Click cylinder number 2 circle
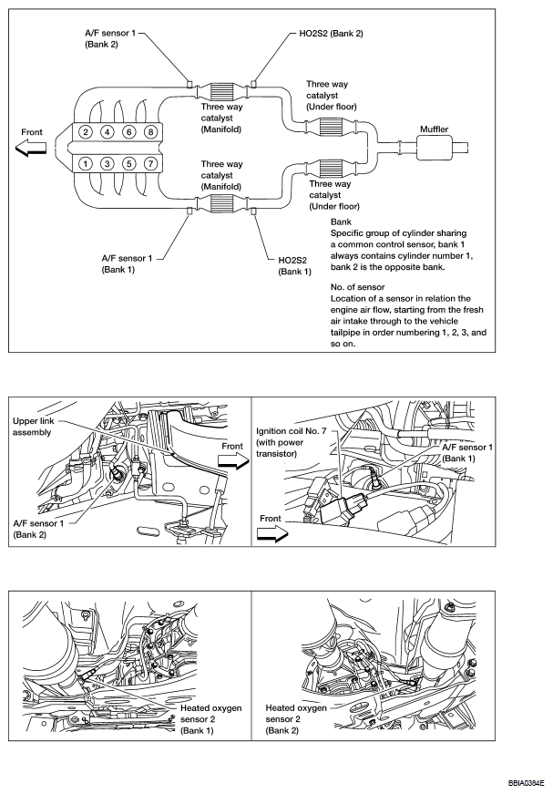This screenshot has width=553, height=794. point(85,132)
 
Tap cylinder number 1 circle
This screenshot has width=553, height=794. point(85,164)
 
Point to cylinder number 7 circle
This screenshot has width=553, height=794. point(150,164)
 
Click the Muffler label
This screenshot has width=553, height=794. point(434,129)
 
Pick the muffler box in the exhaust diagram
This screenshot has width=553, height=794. point(434,146)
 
